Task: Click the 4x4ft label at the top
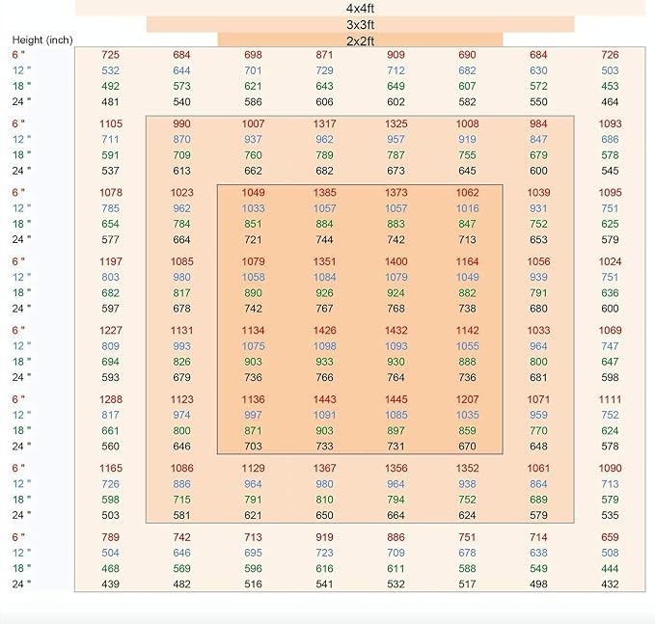point(360,9)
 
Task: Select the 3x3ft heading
point(360,25)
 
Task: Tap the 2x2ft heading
point(360,41)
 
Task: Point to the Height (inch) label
point(42,41)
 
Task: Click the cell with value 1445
point(396,399)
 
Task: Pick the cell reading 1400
point(396,261)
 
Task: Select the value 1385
point(324,193)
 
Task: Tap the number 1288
point(111,399)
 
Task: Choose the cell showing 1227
point(111,331)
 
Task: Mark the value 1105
point(111,123)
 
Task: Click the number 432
point(610,583)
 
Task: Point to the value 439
point(110,583)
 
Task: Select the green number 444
point(610,568)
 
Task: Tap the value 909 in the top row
point(396,55)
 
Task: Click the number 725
point(110,55)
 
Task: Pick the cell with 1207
point(467,399)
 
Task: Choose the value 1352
point(467,468)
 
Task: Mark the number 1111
point(610,399)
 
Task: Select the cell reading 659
point(610,537)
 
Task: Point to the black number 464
point(610,102)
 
